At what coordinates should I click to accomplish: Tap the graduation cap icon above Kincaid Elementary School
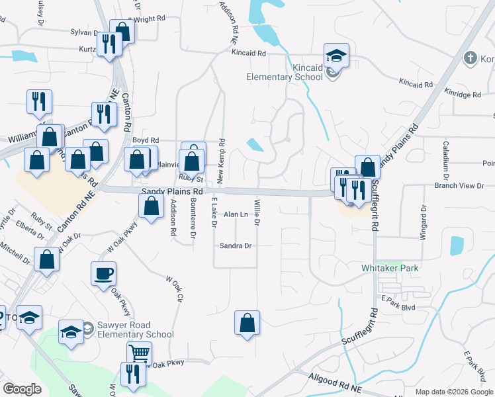[336, 56]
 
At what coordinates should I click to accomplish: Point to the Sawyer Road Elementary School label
[134, 330]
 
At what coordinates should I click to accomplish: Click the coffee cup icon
[104, 273]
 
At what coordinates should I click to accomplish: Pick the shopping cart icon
[139, 353]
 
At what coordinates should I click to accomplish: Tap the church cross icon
[471, 58]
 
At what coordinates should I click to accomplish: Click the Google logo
[22, 389]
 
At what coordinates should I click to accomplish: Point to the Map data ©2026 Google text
[454, 392]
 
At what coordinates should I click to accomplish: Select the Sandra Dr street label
[236, 245]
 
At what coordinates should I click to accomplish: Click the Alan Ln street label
[236, 214]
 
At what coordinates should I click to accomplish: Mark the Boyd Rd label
[146, 140]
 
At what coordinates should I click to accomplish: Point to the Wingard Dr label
[422, 222]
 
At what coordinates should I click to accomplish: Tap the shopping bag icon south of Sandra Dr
[247, 324]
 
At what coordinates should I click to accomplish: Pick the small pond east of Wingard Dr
[457, 245]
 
